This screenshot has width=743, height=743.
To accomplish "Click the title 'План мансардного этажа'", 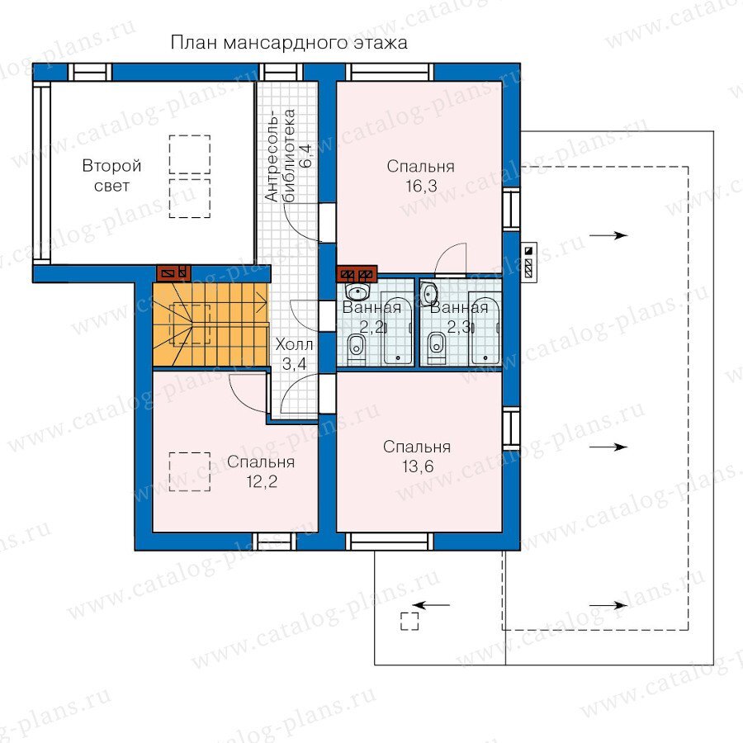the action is (x=289, y=43).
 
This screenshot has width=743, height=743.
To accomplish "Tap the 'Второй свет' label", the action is (x=111, y=175).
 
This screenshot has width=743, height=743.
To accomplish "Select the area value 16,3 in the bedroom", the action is (x=421, y=187).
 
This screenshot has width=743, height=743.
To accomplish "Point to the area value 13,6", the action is (x=418, y=466).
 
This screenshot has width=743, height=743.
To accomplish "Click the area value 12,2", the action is (x=262, y=482).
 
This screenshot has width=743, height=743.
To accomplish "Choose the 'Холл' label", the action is (x=294, y=344).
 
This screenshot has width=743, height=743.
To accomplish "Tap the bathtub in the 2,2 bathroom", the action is (x=398, y=329).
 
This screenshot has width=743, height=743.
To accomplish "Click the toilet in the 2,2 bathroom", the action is (x=356, y=348).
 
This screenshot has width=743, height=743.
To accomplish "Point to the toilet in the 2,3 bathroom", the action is (x=437, y=348).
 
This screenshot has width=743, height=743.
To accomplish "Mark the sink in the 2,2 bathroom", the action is (x=359, y=290).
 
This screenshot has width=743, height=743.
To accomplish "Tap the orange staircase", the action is (x=210, y=324).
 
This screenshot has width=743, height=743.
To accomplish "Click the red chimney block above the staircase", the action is (x=174, y=272).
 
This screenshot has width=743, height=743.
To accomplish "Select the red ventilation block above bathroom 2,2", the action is (x=357, y=273).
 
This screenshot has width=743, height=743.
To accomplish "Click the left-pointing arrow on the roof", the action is (x=431, y=604).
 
